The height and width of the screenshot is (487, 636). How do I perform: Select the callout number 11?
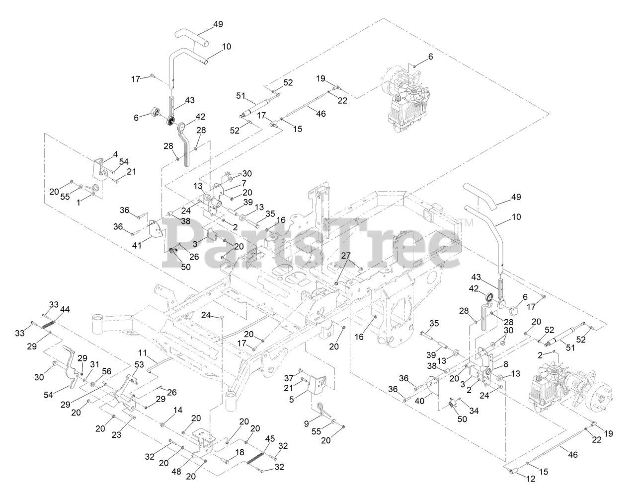(143, 353)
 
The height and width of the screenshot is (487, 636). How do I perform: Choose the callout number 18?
(239, 453)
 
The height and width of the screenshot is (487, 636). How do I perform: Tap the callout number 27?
(346, 255)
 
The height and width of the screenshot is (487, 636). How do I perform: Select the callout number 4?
(115, 154)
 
